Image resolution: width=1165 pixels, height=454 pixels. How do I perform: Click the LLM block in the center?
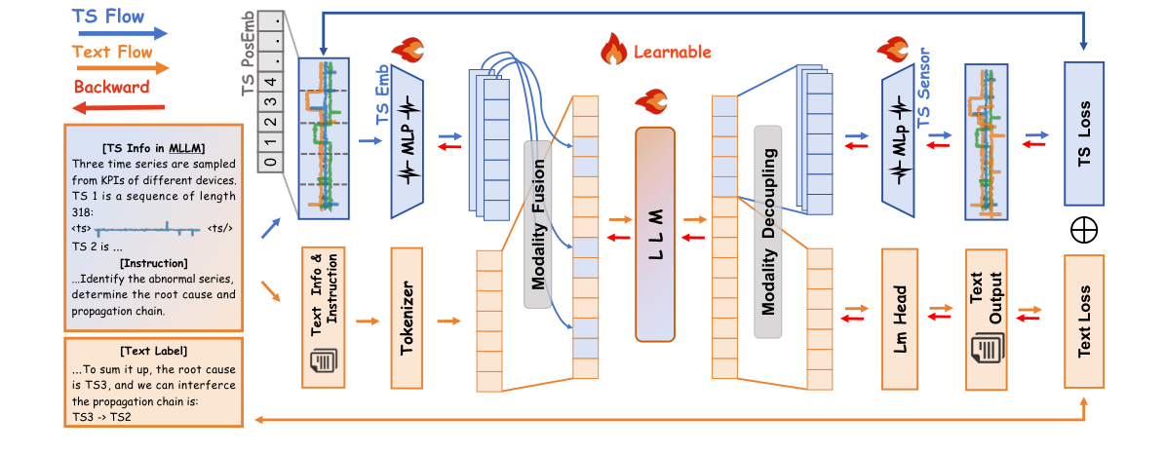(655, 234)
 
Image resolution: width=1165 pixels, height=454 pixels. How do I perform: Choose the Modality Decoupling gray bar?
(768, 232)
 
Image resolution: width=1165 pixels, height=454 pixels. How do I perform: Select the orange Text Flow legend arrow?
(121, 68)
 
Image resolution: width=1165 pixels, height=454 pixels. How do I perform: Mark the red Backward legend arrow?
(121, 106)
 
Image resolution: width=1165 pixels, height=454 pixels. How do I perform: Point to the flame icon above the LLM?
(648, 100)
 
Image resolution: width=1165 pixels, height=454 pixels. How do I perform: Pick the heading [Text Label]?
(154, 350)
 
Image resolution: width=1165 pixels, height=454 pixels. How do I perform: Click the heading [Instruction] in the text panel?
(153, 263)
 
